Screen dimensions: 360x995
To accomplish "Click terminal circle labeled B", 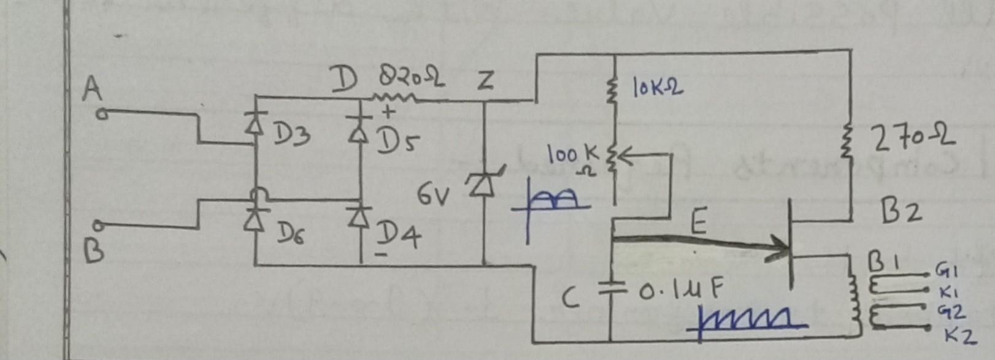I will [x=103, y=228].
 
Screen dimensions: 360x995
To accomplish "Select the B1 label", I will [x=883, y=264].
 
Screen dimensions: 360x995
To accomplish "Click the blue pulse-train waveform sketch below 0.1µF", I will [x=748, y=321].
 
